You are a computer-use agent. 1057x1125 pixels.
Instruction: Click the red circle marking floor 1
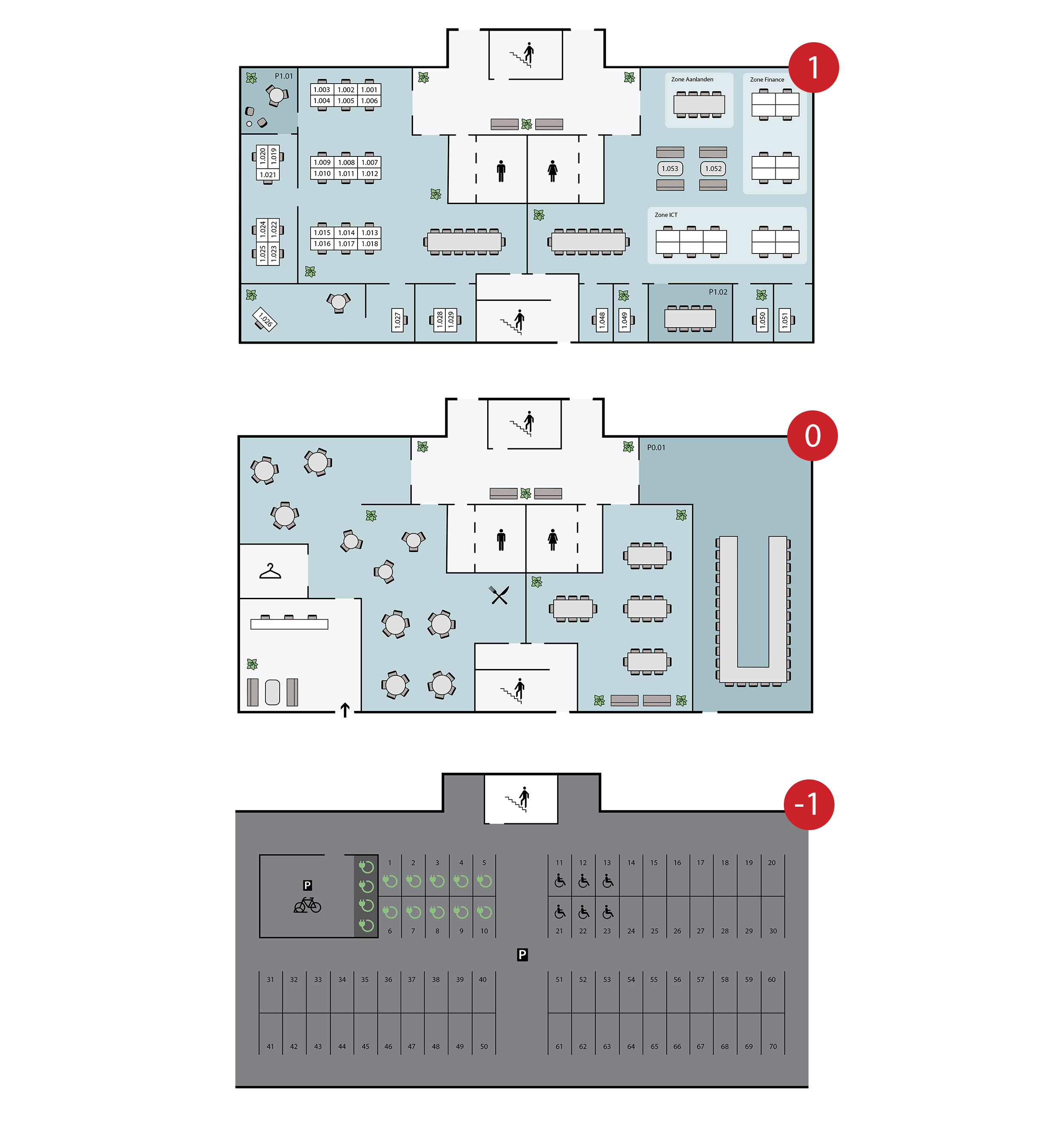813,67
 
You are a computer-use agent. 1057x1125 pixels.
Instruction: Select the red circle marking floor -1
809,804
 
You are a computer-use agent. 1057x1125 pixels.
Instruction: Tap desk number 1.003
321,89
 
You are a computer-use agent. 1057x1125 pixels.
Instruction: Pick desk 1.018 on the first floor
370,244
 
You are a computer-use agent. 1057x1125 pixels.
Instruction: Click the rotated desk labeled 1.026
264,319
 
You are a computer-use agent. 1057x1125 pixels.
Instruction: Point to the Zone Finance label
767,80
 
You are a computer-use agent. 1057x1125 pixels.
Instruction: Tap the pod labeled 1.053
670,169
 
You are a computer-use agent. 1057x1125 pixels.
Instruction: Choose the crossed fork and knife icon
499,595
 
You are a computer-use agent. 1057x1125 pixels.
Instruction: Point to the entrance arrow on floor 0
345,710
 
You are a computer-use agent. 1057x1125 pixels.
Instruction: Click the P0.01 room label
656,447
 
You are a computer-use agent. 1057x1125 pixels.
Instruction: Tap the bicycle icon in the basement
307,906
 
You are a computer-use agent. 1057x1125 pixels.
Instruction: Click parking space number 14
630,863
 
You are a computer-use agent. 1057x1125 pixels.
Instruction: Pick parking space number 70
772,1046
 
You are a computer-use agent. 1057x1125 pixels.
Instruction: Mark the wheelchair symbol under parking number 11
560,881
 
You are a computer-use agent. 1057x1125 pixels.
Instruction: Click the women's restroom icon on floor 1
552,170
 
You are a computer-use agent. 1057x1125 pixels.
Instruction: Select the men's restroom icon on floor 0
501,539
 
